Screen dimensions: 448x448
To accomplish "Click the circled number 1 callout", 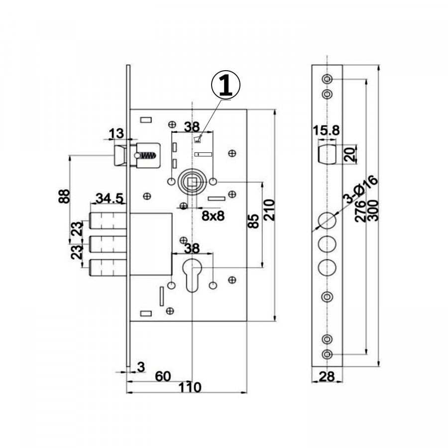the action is coord(225,85).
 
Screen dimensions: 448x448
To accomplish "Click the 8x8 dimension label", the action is coord(213,216).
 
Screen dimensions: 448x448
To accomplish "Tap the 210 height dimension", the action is coord(269,210).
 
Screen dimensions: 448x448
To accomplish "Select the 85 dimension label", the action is coord(253,221).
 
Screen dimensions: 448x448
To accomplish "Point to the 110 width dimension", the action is coord(190,387).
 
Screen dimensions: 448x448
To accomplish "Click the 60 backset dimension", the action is coord(163,376).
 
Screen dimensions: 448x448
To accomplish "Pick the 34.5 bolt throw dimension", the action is coord(110,198).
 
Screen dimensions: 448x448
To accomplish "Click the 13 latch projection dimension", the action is coord(116,133).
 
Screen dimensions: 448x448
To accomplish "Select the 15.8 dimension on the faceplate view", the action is coord(326,130).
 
